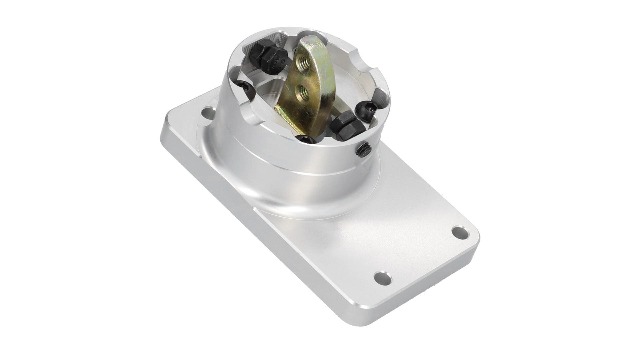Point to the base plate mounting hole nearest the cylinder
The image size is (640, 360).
pyautogui.click(x=207, y=113)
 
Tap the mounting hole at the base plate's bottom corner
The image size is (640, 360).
pyautogui.click(x=382, y=278)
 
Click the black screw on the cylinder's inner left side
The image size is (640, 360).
pyautogui.click(x=245, y=90)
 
